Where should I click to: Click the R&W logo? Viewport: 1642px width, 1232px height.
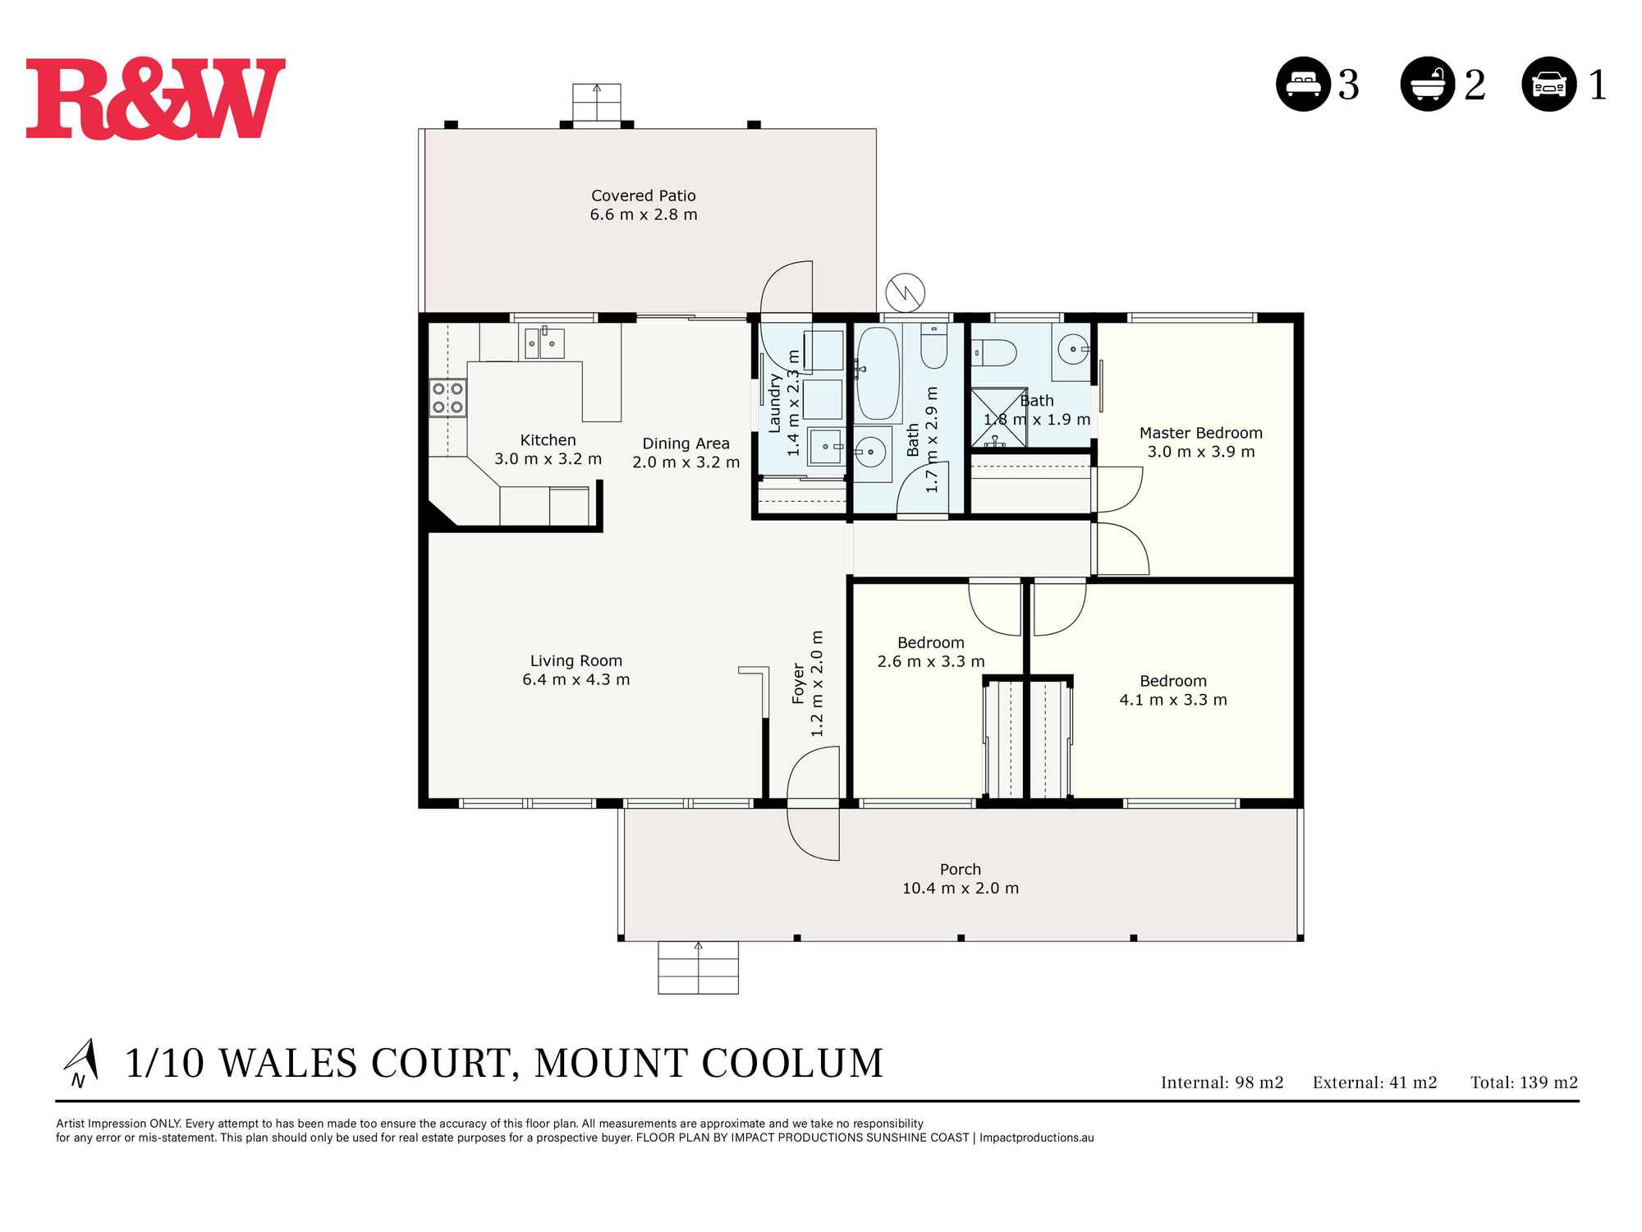156,99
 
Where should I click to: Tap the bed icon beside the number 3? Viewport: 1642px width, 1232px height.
1303,84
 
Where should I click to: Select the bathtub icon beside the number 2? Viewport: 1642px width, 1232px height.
1428,84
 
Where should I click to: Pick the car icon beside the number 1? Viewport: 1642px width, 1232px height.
1549,84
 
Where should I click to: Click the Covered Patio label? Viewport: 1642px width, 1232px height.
644,196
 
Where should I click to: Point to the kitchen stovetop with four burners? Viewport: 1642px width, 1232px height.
448,398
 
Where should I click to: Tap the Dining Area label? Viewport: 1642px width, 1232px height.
686,444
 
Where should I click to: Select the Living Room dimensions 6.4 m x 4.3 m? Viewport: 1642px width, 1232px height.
576,680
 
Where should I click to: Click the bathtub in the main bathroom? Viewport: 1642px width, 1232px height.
878,375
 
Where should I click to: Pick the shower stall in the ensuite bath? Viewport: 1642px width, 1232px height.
999,418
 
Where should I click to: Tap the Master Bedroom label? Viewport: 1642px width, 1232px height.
1200,433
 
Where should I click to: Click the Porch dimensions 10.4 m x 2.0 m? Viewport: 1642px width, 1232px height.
960,889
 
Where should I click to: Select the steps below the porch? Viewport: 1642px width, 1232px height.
698,968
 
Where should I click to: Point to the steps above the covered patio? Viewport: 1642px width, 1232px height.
597,103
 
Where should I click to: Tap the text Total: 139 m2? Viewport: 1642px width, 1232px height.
1524,1083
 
